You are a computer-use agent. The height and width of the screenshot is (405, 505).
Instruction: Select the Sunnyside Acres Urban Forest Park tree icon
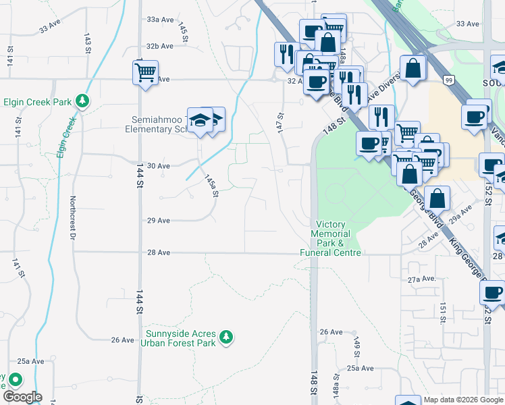point(228,336)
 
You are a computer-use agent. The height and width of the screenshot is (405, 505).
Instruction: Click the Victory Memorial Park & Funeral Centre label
point(331,238)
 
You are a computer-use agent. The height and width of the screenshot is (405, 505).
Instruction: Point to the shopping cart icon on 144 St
point(146,72)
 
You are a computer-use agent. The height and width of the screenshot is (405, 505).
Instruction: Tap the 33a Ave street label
point(161,20)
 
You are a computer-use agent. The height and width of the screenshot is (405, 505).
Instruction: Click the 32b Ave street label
point(161,46)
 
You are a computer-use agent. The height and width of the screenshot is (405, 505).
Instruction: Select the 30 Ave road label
point(159,165)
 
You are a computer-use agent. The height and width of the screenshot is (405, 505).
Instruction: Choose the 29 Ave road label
point(159,220)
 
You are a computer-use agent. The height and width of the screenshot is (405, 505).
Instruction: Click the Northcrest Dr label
point(72,218)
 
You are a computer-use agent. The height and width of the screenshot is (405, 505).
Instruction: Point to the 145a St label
point(212,184)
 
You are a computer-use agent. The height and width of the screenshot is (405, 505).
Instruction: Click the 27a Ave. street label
point(421,279)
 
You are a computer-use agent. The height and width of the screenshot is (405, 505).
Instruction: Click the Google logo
point(23,397)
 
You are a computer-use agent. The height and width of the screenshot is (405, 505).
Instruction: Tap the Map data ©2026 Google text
point(464,400)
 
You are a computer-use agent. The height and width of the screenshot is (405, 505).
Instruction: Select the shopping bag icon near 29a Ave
point(437,199)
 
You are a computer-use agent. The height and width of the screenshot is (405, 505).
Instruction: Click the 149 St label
point(356,345)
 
